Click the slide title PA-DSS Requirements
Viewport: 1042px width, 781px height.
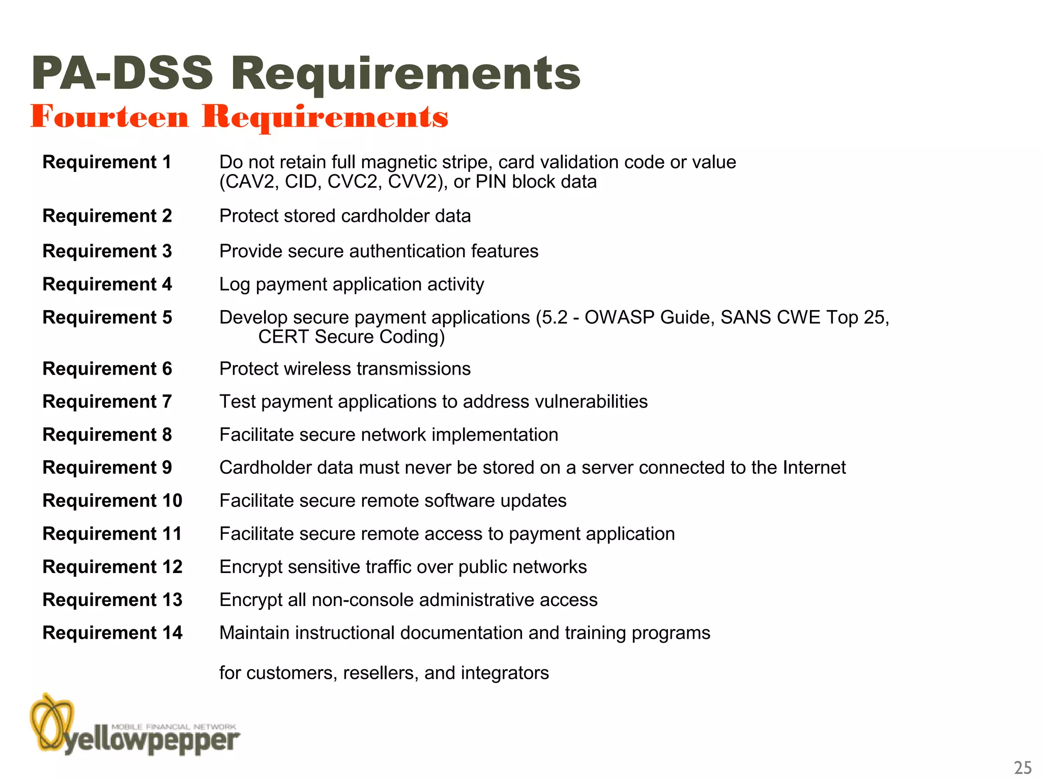tap(305, 74)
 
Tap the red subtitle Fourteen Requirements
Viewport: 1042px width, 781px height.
tap(239, 117)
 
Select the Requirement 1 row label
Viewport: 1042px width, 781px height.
tap(107, 162)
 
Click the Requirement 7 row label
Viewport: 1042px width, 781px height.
tap(107, 402)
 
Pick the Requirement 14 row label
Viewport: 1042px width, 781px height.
tap(112, 633)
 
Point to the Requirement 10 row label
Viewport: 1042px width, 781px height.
tap(112, 501)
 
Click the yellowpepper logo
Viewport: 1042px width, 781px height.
tap(135, 725)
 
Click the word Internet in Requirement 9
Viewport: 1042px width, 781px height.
tap(814, 468)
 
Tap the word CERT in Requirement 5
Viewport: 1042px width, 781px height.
tap(283, 337)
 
